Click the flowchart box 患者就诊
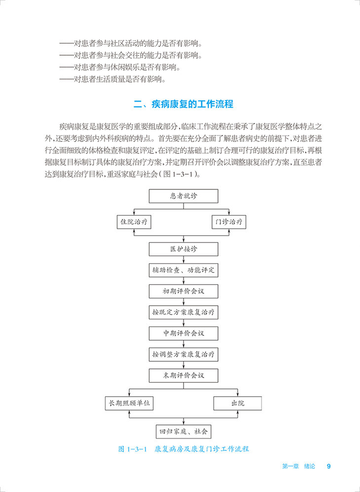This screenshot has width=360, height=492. coord(183,196)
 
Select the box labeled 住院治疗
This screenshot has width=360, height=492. coord(134,222)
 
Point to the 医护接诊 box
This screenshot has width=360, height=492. coord(183,249)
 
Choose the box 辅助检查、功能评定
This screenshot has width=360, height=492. coord(183,270)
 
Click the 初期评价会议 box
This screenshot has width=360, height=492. coord(183,291)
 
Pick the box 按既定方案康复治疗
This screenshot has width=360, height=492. coord(183,313)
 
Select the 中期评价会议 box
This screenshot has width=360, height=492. coord(183,334)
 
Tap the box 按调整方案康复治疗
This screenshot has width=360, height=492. coord(183,354)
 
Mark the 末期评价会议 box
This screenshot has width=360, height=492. coord(183,376)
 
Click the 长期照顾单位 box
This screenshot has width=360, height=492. coord(129,403)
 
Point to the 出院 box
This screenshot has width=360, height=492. coord(238,403)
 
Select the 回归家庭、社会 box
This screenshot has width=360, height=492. coord(183,432)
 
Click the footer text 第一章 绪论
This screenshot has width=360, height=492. coord(298,466)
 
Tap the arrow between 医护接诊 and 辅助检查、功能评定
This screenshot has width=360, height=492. coord(183,259)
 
